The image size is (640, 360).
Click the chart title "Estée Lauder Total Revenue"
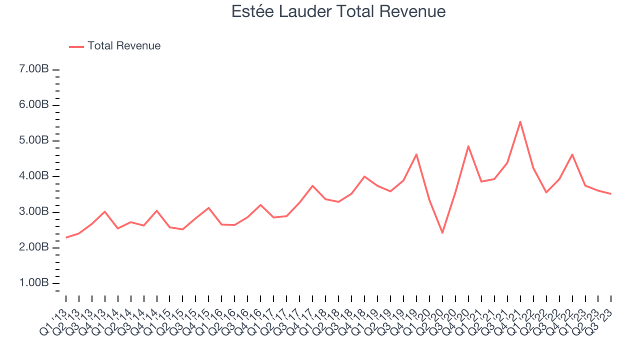[x=338, y=11]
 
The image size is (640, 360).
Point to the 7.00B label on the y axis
[x=34, y=69]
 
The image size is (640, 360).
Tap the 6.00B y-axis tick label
[x=34, y=105]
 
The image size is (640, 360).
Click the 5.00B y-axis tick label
[x=34, y=140]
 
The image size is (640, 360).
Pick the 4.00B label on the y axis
[x=34, y=176]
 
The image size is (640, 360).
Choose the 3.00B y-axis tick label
[x=34, y=212]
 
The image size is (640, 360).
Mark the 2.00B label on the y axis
[x=34, y=247]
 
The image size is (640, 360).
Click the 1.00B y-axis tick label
[x=34, y=283]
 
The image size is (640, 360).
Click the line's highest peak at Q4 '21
[x=520, y=121]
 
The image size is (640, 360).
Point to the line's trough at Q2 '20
[x=442, y=233]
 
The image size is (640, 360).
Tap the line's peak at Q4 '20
[x=468, y=146]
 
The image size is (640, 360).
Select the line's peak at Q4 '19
[x=416, y=154]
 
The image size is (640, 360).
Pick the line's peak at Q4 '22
[x=572, y=154]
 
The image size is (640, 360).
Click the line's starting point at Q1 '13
[x=66, y=237]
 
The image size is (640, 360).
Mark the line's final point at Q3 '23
[x=610, y=193]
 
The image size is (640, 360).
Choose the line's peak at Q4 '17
[x=312, y=186]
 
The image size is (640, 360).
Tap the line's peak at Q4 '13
[x=104, y=211]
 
